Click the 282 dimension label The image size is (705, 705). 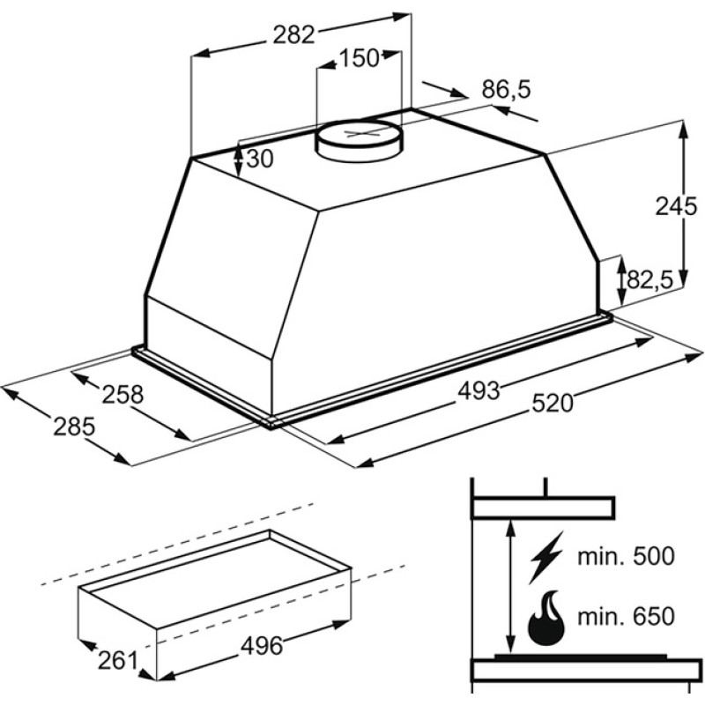tap(294, 34)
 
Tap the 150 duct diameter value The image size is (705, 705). tap(360, 58)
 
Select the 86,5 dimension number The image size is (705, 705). tap(506, 89)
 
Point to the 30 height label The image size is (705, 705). tap(260, 159)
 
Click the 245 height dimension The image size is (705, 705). tap(676, 206)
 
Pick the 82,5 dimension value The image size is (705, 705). tap(649, 280)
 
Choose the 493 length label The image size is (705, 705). tap(479, 390)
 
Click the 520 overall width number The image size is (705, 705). tap(553, 403)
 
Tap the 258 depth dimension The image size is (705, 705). tap(122, 394)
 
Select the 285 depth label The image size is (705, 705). tap(74, 427)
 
